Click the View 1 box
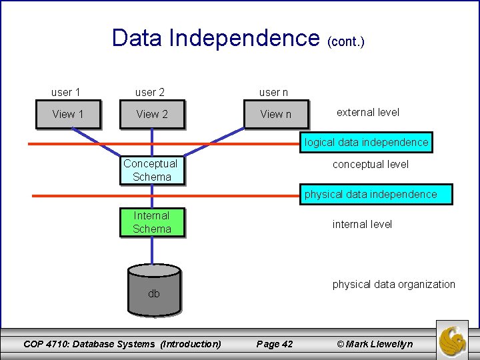pos(68,114)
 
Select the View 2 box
pos(152,114)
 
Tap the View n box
pos(276,114)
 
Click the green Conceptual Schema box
pos(151,170)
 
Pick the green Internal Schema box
pos(151,222)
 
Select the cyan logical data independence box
pos(367,142)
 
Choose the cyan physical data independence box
pos(371,194)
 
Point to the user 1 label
pos(65,92)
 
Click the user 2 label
pos(149,92)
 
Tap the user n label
pos(273,92)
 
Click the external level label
pos(368,112)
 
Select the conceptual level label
pos(371,164)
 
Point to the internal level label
pos(363,224)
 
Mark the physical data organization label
pos(394,284)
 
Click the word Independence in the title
pos(245,38)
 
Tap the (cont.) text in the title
pos(346,41)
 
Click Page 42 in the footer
pos(275,344)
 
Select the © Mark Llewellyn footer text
pos(375,344)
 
